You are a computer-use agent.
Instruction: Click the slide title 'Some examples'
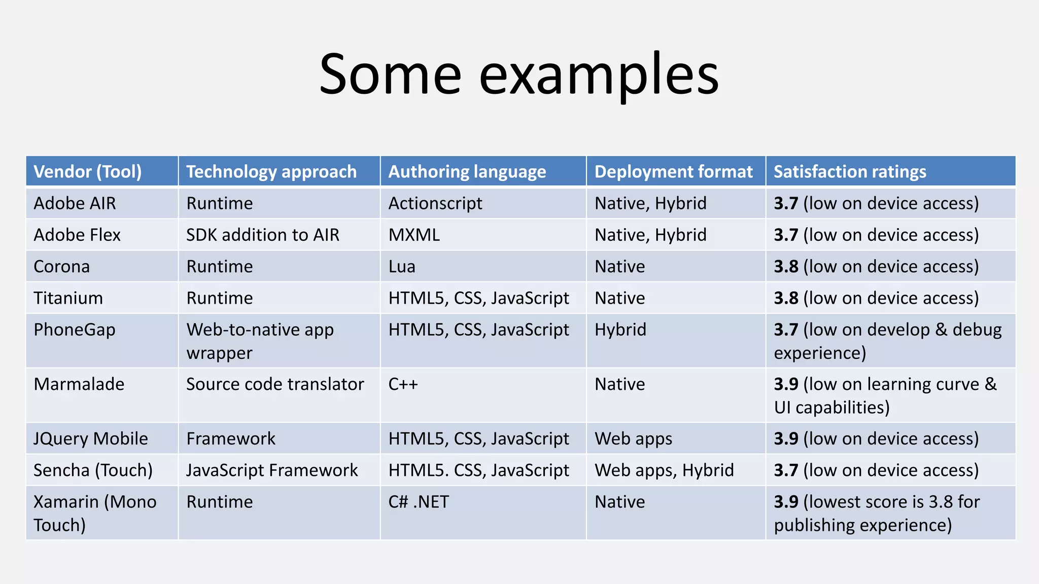[x=519, y=75]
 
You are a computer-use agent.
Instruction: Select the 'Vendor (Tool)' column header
[x=87, y=172]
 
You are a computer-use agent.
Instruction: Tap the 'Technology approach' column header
[x=271, y=172]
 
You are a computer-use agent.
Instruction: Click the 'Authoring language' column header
[x=467, y=172]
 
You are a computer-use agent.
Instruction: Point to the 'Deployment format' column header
[x=673, y=172]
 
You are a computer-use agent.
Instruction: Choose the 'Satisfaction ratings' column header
[x=850, y=172]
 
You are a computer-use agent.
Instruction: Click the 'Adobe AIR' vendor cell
[x=75, y=203]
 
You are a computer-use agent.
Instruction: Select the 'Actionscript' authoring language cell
[x=435, y=203]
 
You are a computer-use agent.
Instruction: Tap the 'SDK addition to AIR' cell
[x=263, y=235]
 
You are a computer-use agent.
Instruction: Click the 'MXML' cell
[x=414, y=235]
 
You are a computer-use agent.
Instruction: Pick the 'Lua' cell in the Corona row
[x=402, y=267]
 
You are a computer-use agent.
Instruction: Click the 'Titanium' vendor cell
[x=68, y=298]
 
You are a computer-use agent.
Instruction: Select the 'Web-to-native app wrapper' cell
[x=260, y=341]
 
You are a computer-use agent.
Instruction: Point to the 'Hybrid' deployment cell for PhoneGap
[x=620, y=330]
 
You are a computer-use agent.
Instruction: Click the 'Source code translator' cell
[x=275, y=384]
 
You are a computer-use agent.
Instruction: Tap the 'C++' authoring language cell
[x=403, y=384]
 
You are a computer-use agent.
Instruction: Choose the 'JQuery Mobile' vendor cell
[x=91, y=439]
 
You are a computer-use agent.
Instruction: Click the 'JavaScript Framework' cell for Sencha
[x=272, y=470]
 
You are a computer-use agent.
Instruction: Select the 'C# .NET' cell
[x=419, y=502]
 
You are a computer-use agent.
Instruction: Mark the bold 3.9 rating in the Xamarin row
[x=786, y=502]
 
